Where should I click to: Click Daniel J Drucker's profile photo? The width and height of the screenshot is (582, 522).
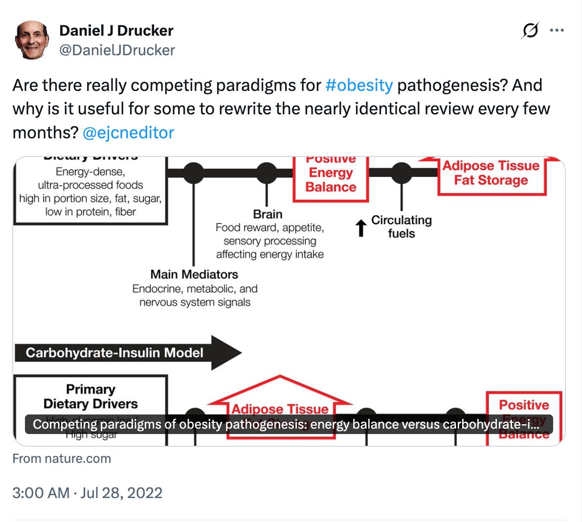[32, 40]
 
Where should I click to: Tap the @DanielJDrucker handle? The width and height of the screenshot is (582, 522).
[117, 50]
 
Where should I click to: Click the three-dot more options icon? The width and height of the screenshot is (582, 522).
[557, 30]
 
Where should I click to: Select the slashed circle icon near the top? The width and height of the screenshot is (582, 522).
[530, 30]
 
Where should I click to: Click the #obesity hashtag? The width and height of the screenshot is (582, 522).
[358, 85]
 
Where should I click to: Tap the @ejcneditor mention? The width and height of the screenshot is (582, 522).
[128, 132]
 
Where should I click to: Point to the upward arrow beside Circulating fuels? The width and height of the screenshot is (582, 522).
[360, 228]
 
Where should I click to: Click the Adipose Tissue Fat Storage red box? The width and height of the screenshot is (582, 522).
[491, 174]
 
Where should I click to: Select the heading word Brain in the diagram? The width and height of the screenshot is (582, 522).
[268, 214]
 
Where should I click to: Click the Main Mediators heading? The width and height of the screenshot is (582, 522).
[194, 274]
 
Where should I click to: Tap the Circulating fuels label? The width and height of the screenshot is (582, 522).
[401, 226]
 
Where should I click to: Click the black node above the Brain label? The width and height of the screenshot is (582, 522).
[267, 173]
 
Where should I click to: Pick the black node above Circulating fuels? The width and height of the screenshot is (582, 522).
[402, 173]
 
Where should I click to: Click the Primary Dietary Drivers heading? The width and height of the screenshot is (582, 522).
[90, 396]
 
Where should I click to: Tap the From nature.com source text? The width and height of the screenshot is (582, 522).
[62, 458]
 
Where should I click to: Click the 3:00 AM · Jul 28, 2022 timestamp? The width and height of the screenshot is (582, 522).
[87, 492]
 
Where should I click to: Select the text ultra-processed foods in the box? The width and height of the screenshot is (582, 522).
[90, 185]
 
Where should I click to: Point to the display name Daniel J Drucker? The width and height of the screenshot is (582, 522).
[116, 30]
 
